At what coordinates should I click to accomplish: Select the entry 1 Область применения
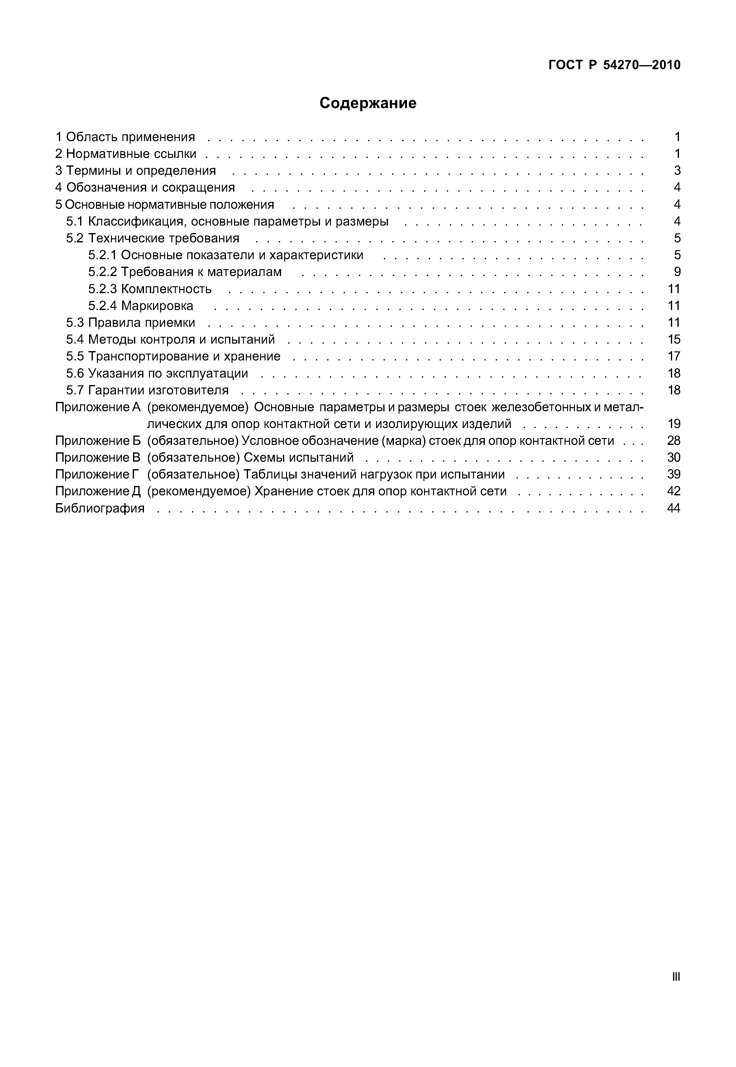point(125,137)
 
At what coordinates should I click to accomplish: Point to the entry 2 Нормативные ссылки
point(126,154)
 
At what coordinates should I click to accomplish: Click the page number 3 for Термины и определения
point(677,171)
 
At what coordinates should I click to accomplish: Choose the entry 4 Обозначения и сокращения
point(145,188)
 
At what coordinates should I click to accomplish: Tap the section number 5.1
point(75,222)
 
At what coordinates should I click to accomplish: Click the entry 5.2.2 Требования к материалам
point(184,272)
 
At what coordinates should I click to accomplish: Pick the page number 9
point(677,272)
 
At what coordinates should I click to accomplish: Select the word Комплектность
point(166,289)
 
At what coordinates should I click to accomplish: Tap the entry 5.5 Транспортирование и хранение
point(173,356)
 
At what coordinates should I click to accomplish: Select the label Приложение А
point(97,407)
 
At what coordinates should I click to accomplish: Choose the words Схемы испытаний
point(299,457)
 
